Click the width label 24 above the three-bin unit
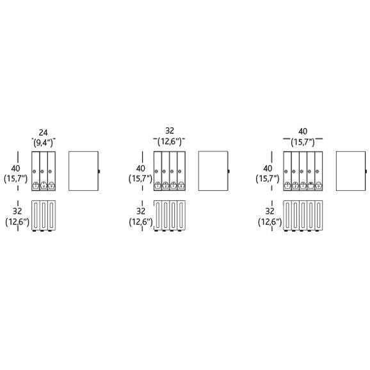tap(43, 133)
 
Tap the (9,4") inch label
tap(43, 142)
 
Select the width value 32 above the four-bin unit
tap(170, 131)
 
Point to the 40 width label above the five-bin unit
tap(303, 131)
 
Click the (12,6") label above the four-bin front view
tap(170, 141)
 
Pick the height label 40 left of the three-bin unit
tap(15, 168)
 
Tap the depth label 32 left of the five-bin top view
tap(269, 211)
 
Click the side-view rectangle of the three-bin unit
tap(83, 171)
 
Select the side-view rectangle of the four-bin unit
tap(213, 171)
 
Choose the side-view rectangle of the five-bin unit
tap(351, 171)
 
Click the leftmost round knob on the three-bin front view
tap(34, 172)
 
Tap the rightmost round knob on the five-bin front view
tap(317, 172)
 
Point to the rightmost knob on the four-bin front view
tap(180, 172)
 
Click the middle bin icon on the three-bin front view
tap(44, 186)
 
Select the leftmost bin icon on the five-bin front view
tap(287, 186)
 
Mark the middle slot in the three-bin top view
tap(44, 215)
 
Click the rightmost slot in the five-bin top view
tap(319, 215)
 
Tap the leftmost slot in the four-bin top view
tap(157, 215)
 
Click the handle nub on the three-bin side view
tap(99, 172)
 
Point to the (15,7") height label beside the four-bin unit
tap(140, 179)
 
